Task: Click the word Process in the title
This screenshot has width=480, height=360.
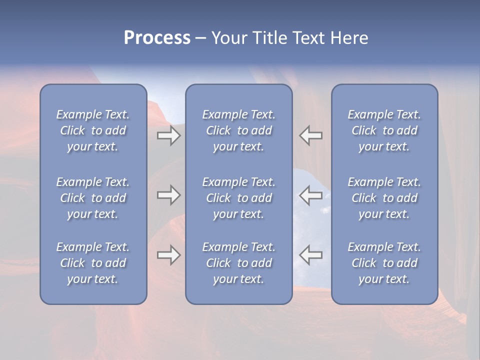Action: coord(157,38)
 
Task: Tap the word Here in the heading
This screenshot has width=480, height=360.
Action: coord(349,38)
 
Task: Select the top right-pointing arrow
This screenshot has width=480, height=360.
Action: coord(169,136)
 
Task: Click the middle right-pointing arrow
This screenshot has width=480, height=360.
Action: coord(169,195)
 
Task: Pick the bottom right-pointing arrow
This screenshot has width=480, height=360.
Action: coord(169,255)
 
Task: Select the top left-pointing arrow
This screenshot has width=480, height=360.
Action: coord(310,136)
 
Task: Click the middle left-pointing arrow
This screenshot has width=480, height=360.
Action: coord(310,195)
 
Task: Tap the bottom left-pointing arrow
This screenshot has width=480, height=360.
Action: coord(310,255)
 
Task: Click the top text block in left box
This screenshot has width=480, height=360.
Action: coord(93,130)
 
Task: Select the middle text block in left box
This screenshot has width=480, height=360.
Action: coord(93,198)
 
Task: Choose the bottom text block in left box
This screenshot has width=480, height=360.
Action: coord(93,263)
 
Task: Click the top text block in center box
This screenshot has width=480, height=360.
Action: coord(238,130)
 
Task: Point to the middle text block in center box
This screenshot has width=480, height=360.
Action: coord(238,198)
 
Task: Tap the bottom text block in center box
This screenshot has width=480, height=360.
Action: coord(238,263)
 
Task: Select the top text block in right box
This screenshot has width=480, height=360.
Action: coord(384,130)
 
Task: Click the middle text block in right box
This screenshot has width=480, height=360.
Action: coord(384,198)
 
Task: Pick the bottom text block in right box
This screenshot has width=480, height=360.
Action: coord(384,263)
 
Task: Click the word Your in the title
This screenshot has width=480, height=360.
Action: coord(229,38)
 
